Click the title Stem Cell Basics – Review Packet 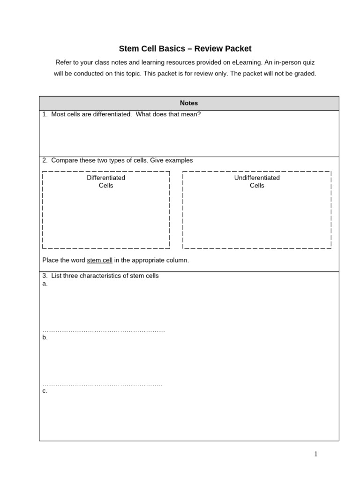(x=185, y=49)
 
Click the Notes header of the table (x=189, y=103)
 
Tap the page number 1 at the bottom (x=316, y=453)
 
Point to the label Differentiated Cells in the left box (x=106, y=181)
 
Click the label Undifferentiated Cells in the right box (x=257, y=181)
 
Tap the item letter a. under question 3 (x=45, y=284)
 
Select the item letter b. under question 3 (x=45, y=337)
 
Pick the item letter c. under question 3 (x=45, y=391)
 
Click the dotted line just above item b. (x=104, y=331)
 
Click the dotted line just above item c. (x=102, y=385)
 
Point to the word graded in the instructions (x=305, y=74)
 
